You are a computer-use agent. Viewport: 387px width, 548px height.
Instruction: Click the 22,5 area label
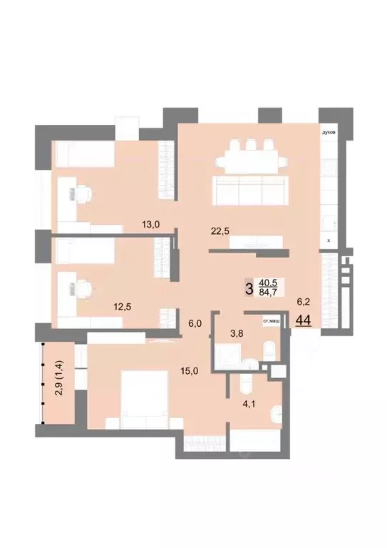tap(219, 230)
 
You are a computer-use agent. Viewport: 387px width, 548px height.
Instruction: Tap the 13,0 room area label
tap(150, 224)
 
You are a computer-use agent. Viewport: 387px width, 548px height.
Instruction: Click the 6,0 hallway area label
tap(195, 323)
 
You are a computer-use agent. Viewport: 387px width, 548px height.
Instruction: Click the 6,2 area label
tap(304, 302)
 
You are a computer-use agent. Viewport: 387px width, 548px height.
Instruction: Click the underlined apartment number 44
tap(303, 319)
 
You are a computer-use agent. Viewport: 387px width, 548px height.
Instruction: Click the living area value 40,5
tap(269, 283)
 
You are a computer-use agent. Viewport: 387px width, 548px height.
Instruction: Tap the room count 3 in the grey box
tap(248, 288)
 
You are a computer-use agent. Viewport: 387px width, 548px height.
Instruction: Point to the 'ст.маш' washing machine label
tap(271, 322)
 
